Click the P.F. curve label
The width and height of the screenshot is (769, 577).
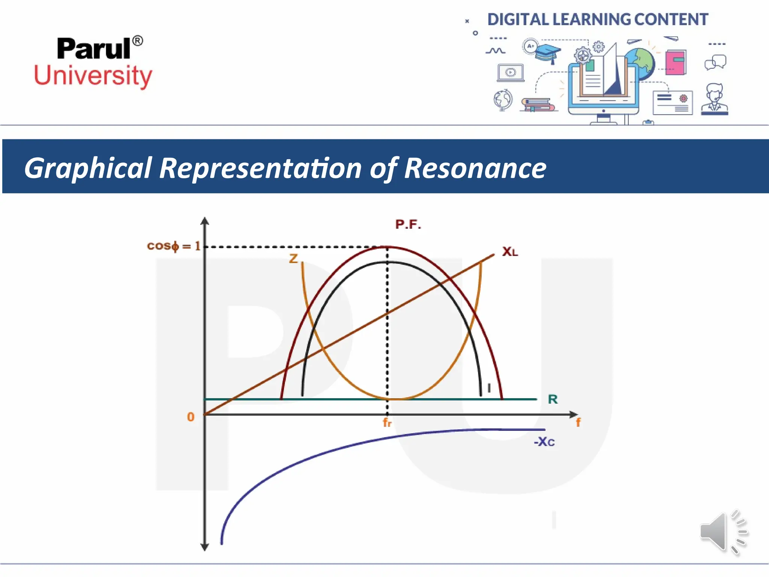click(408, 225)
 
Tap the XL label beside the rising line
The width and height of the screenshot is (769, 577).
click(510, 252)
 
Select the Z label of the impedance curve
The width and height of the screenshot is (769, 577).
click(293, 258)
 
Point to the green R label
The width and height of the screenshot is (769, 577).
click(553, 399)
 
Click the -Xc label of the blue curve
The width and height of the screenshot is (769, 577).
click(544, 442)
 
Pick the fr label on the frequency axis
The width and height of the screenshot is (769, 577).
click(387, 423)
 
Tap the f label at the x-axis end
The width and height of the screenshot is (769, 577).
click(578, 423)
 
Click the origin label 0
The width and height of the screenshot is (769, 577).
click(191, 417)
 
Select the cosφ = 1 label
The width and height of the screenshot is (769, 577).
click(173, 246)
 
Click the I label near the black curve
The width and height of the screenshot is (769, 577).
click(489, 388)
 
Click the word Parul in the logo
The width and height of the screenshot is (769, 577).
click(93, 49)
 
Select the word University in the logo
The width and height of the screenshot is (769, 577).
click(93, 76)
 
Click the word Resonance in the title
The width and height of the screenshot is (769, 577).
click(475, 168)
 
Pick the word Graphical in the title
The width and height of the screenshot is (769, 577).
click(88, 168)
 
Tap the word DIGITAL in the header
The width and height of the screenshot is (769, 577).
click(518, 20)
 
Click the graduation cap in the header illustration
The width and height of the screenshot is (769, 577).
click(548, 53)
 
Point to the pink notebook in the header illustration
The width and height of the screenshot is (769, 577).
click(676, 62)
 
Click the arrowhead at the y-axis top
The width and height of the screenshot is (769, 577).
click(205, 221)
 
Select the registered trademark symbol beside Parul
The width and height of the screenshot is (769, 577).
click(138, 41)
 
